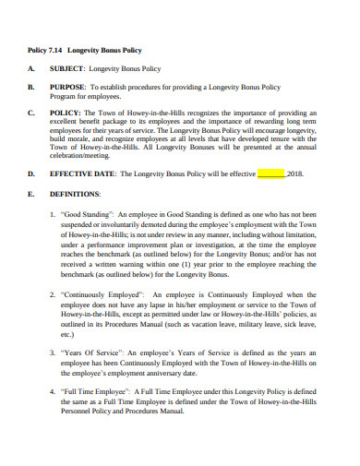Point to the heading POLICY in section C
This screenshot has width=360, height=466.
(x=66, y=115)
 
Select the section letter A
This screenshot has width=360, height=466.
(x=31, y=69)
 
